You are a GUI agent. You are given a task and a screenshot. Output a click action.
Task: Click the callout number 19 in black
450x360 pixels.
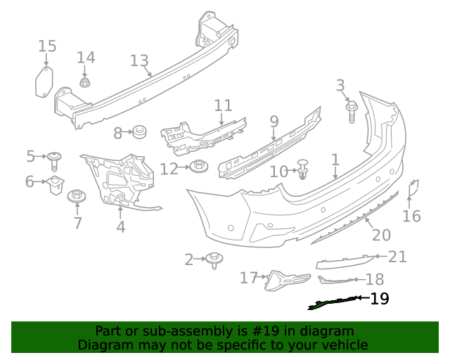(379, 299)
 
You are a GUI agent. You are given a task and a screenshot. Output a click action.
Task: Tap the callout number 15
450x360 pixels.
(47, 46)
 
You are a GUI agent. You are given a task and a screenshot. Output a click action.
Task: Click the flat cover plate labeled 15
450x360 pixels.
(44, 82)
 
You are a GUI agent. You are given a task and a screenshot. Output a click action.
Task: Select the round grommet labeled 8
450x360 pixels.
(139, 131)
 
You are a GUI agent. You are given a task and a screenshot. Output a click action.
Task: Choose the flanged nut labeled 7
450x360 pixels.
(76, 196)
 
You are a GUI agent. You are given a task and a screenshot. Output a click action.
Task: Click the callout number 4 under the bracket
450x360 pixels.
(121, 226)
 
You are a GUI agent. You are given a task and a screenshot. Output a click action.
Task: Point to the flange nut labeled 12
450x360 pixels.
(198, 168)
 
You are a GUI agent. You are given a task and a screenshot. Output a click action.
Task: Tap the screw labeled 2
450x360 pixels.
(214, 260)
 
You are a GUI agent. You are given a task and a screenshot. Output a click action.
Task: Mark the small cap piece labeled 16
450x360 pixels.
(414, 186)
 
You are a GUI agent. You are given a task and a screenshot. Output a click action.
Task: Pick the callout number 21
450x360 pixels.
(398, 257)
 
